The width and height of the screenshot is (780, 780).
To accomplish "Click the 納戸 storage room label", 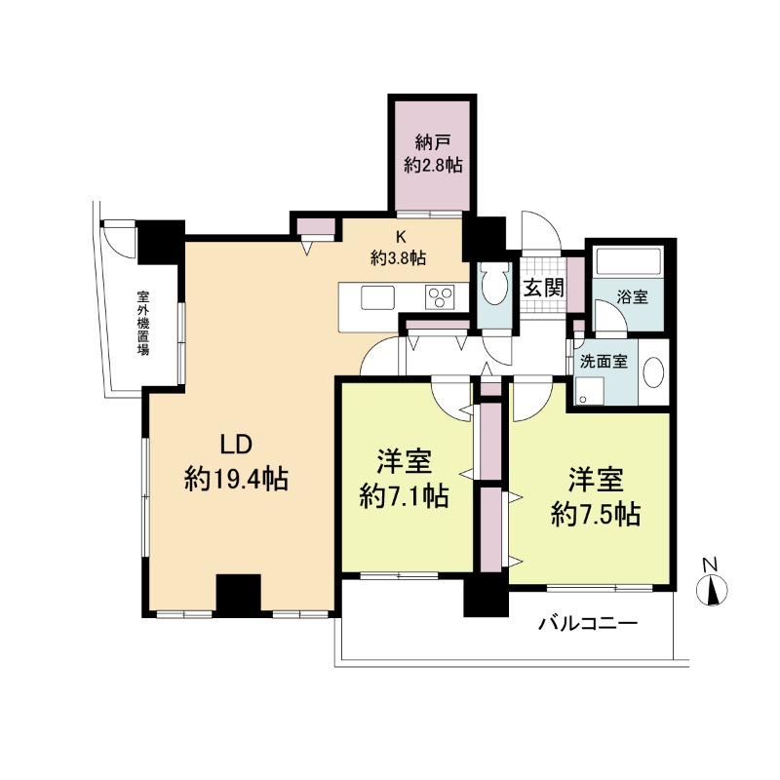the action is [x=433, y=142].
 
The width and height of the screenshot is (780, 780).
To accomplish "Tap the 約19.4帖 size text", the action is [x=237, y=480].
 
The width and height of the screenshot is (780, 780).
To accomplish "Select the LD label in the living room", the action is [x=237, y=445].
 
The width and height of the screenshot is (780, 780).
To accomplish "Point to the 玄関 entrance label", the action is [x=544, y=288].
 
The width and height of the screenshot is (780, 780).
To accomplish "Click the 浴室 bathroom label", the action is [x=632, y=297].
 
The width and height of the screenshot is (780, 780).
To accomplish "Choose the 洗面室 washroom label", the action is [x=604, y=362].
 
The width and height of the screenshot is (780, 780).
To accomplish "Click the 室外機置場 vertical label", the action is [x=143, y=324].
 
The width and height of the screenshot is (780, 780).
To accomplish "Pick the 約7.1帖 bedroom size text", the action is [x=404, y=496].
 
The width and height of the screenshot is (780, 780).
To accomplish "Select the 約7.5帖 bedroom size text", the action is [x=596, y=514].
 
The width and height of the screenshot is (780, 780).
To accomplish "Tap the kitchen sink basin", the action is [x=378, y=297].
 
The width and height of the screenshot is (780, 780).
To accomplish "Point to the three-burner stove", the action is [x=440, y=297].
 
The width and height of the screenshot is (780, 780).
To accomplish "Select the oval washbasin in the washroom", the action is [x=653, y=372].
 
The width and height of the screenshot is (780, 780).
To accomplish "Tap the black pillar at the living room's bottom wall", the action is [x=238, y=596].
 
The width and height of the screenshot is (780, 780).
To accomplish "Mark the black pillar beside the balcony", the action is [x=486, y=597].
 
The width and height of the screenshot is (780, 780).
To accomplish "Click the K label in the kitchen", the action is [x=401, y=237].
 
